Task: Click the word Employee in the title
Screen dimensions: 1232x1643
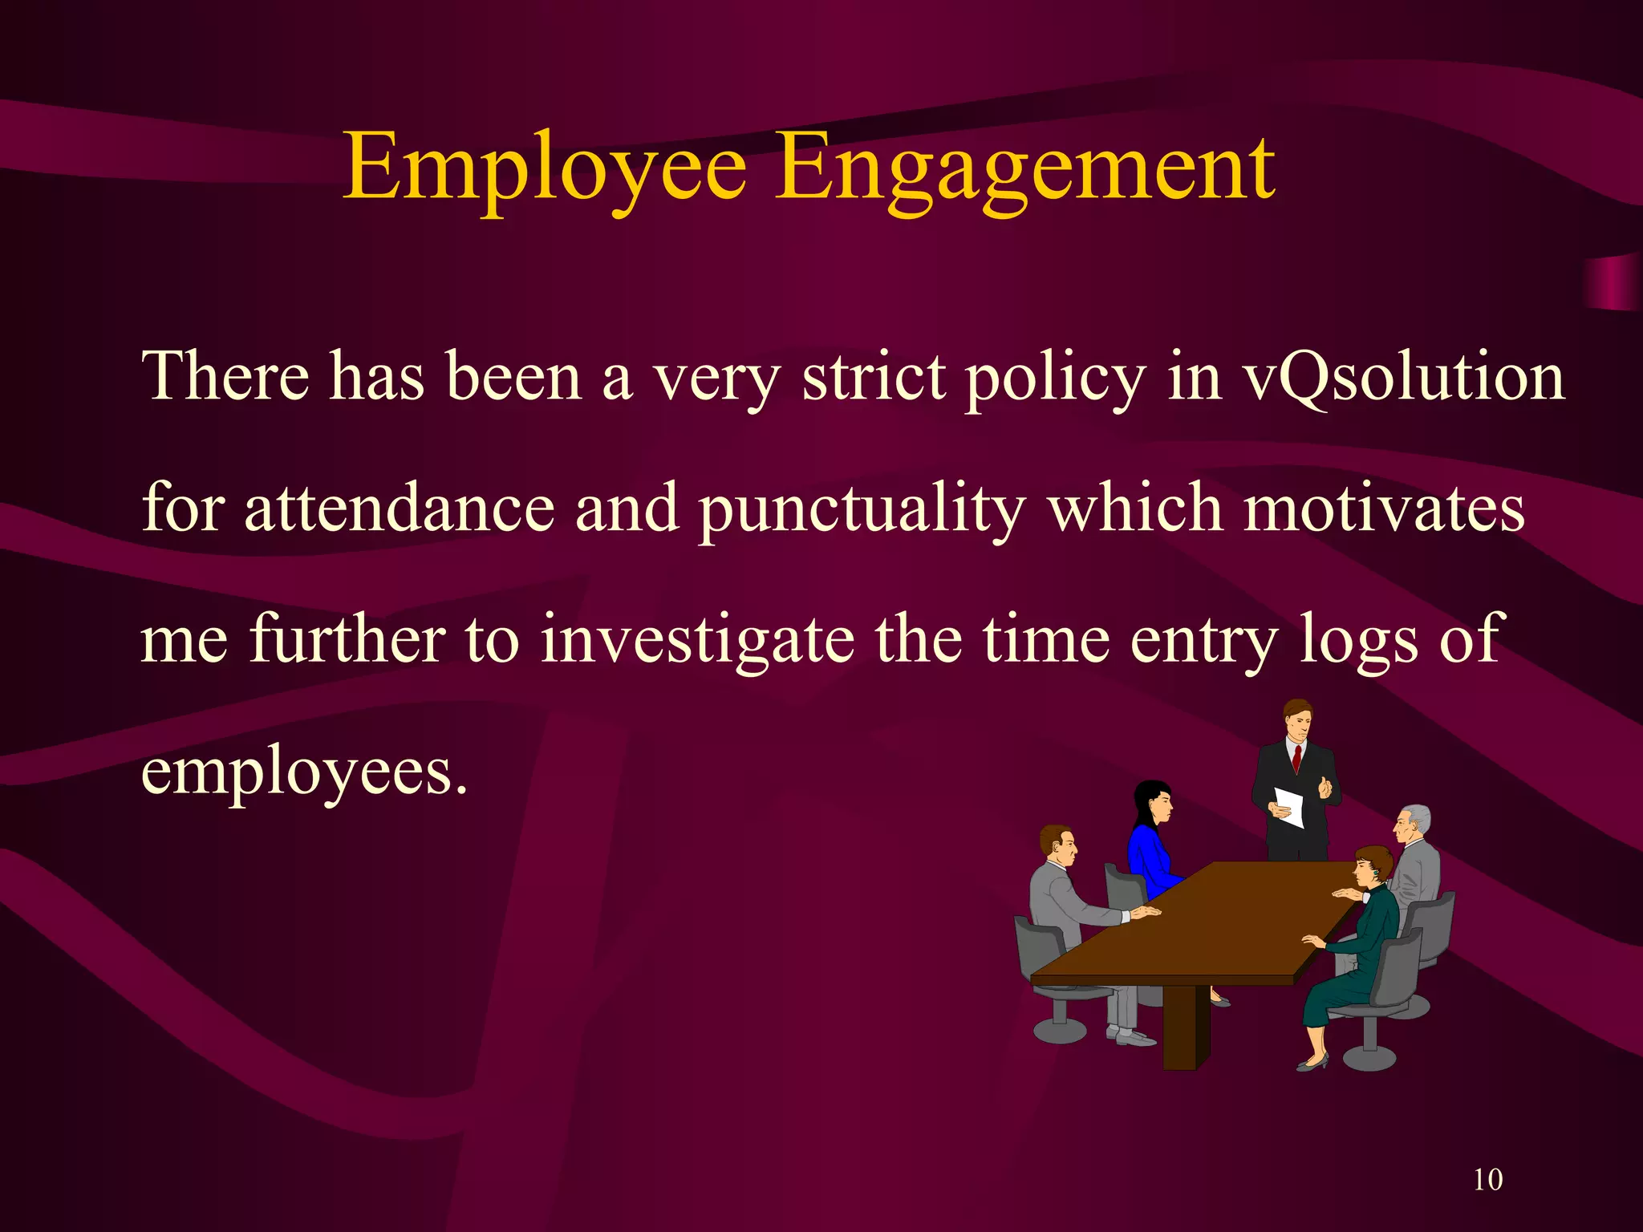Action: click(545, 168)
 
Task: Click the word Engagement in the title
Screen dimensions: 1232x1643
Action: click(1024, 168)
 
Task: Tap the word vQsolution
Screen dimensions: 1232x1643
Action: click(1403, 377)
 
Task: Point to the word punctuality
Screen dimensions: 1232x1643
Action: click(862, 510)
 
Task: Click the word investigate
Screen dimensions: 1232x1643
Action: click(697, 640)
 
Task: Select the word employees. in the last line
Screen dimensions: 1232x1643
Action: click(304, 772)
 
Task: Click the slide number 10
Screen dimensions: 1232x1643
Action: click(1487, 1180)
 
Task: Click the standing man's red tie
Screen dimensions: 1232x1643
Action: click(1296, 758)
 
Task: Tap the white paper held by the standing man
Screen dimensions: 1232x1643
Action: click(1289, 806)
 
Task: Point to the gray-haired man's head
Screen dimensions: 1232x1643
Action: click(1411, 823)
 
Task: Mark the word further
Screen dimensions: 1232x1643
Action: click(347, 640)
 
